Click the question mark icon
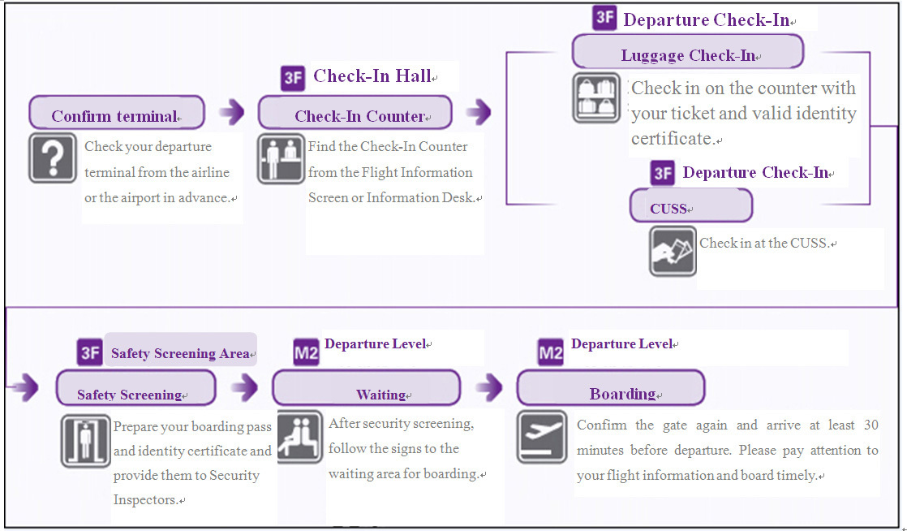pos(53,158)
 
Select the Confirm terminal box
pos(117,114)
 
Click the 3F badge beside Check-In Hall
pos(293,78)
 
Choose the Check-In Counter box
pos(355,114)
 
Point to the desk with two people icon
pos(281,158)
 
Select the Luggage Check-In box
pos(688,54)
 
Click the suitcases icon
pos(596,97)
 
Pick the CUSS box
pos(691,206)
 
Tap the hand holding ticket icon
pos(673,250)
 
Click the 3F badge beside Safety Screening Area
pos(90,352)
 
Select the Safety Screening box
pos(135,389)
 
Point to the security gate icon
pos(85,440)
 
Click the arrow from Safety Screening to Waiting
pos(244,388)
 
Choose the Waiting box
pos(366,389)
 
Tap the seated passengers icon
pos(299,437)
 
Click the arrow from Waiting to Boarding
pos(489,388)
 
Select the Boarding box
pos(610,389)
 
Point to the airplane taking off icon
pos(542,437)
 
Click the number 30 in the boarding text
pos(870,425)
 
